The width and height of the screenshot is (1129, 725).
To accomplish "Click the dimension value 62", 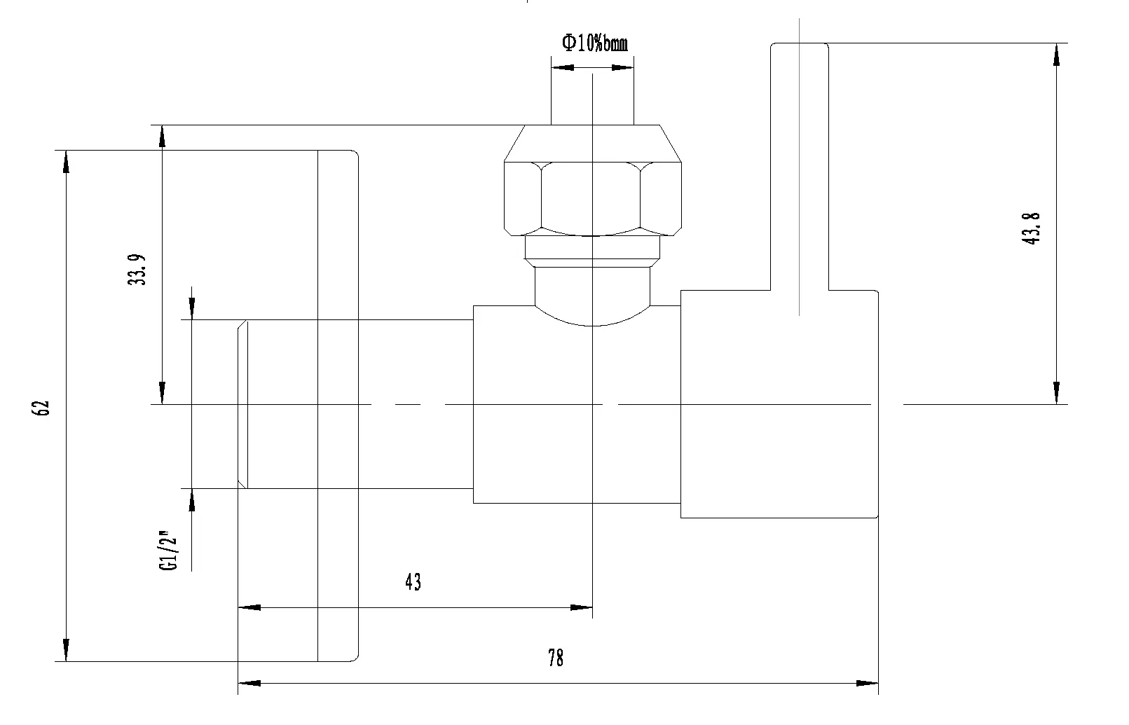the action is (41, 408).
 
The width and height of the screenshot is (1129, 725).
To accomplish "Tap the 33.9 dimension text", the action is (137, 270).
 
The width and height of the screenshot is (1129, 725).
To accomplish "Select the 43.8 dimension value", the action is (1031, 229).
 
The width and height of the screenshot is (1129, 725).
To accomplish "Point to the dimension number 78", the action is (556, 658).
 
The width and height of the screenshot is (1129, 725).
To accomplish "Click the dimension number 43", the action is (413, 582).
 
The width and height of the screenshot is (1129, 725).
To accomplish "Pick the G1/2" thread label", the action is (169, 550).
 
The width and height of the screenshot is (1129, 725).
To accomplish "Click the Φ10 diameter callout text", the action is (595, 42).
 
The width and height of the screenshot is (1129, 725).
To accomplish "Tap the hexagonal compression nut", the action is (593, 198).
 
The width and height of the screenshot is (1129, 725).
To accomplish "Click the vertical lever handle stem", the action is (800, 166).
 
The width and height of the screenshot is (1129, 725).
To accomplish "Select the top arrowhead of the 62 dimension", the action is (66, 162).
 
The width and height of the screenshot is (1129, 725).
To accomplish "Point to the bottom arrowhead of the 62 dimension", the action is (66, 651).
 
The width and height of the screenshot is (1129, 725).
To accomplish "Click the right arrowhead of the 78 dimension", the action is (868, 683).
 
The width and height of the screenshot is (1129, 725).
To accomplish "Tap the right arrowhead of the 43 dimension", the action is (581, 607).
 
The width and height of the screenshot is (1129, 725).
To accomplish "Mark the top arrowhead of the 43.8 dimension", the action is (1056, 55).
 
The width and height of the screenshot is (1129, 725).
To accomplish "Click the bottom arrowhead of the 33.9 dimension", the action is (162, 393).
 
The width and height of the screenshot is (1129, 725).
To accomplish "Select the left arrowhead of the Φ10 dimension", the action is (563, 67).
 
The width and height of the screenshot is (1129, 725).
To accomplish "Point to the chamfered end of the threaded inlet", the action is (243, 404).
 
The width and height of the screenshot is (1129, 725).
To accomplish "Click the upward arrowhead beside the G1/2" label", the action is (192, 500).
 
